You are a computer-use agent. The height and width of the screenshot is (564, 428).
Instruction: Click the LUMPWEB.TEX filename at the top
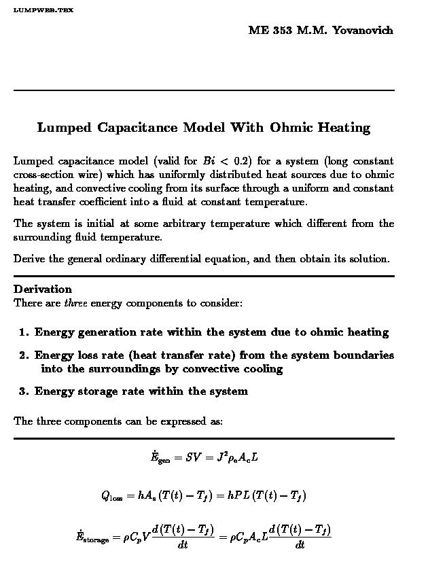coord(43,11)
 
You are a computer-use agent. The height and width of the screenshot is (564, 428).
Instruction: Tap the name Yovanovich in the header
coord(363,30)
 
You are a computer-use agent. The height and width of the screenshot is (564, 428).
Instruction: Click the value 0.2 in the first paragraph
coord(242,161)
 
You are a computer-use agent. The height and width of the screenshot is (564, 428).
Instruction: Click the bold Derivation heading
coord(42,289)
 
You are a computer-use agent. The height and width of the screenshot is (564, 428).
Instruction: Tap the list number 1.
coord(24,332)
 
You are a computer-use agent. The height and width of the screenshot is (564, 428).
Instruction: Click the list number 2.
coord(24,355)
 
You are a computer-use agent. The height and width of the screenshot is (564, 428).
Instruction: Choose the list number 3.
coord(24,391)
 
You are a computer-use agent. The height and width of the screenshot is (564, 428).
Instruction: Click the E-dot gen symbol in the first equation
coord(160,458)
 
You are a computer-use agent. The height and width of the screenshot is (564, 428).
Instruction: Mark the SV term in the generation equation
coord(193,457)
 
